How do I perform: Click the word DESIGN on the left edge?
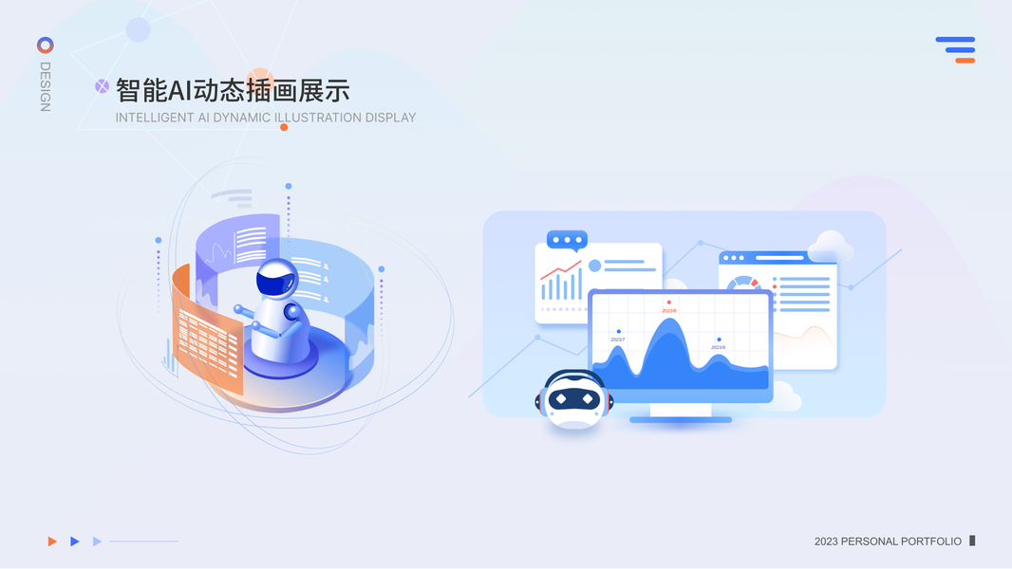(45, 86)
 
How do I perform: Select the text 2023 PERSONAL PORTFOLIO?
(888, 541)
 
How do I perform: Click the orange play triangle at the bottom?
(52, 541)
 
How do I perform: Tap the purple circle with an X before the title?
(102, 86)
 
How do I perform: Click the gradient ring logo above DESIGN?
(45, 45)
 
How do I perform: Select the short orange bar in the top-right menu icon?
(965, 61)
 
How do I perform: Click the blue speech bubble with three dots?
(567, 240)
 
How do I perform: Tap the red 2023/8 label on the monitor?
(669, 310)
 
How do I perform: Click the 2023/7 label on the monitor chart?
(618, 339)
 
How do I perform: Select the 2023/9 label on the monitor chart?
(719, 347)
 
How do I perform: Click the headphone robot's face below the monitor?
(573, 399)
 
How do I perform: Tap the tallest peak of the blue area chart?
(669, 322)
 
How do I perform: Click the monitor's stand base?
(680, 418)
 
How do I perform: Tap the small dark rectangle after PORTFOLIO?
(972, 541)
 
